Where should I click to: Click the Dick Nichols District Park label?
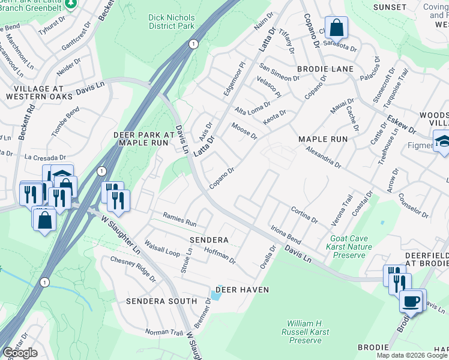tap(172, 22)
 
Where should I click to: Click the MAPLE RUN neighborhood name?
tap(323, 139)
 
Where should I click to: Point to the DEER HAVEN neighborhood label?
tap(242, 290)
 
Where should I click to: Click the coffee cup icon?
tap(412, 300)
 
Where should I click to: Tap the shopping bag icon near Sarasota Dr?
tap(337, 27)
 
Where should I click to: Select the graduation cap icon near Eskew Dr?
tap(441, 142)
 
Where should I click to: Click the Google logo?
tap(20, 353)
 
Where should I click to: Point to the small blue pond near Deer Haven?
tap(215, 295)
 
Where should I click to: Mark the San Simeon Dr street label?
tap(279, 74)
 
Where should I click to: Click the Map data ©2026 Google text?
tap(411, 355)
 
